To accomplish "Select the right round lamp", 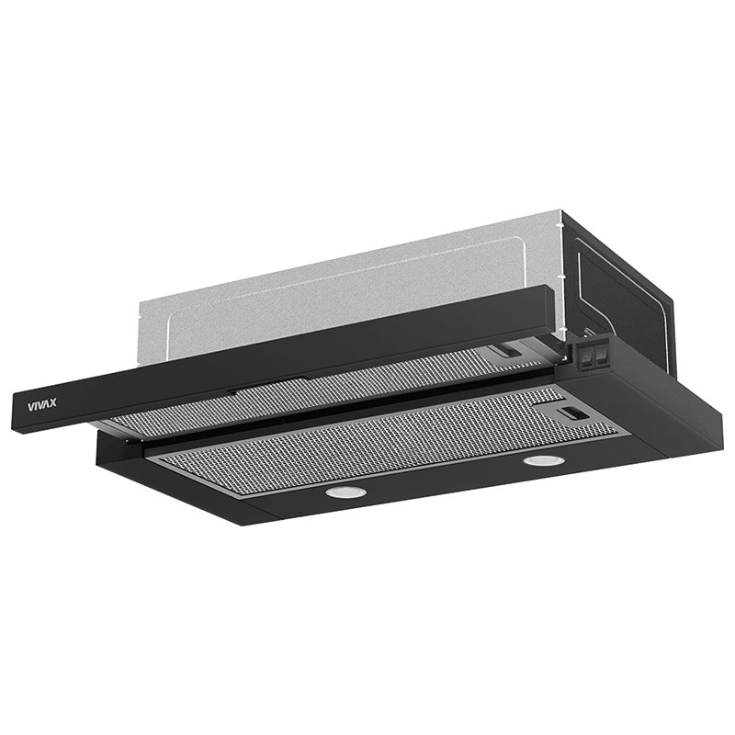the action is [541, 460].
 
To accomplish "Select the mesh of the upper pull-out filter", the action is [328, 394].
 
